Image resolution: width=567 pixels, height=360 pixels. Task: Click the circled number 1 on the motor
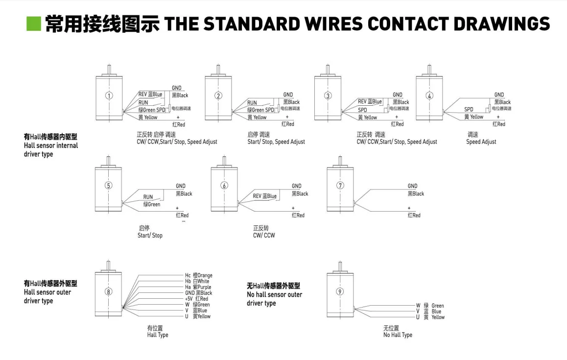(x=109, y=96)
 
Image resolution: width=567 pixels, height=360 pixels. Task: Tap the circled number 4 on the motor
(x=430, y=96)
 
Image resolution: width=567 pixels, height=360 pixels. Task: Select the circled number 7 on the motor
(x=340, y=185)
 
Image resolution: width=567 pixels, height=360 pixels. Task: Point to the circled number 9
(x=340, y=292)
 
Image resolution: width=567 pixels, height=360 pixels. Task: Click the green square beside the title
(x=33, y=23)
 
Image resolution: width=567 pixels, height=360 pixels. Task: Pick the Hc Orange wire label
(x=198, y=276)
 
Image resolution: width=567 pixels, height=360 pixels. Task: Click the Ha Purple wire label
(x=198, y=287)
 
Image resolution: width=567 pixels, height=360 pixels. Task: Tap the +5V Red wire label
(x=196, y=299)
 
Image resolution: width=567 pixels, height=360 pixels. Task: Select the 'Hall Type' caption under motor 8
(x=158, y=335)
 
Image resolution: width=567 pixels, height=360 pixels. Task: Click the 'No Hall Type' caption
(x=398, y=335)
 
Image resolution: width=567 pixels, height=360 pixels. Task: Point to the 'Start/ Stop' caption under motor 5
(x=150, y=236)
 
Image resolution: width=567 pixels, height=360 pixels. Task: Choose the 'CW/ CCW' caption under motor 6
(x=264, y=236)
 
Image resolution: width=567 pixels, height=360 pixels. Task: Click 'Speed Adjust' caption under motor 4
(x=481, y=142)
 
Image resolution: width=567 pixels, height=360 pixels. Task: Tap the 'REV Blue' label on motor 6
(x=264, y=196)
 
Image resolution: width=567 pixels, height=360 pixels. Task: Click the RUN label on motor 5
(x=148, y=197)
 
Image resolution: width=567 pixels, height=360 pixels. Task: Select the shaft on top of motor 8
(x=108, y=264)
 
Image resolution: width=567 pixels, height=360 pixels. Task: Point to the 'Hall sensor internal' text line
(x=51, y=145)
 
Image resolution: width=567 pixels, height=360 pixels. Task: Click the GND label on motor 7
(x=412, y=186)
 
